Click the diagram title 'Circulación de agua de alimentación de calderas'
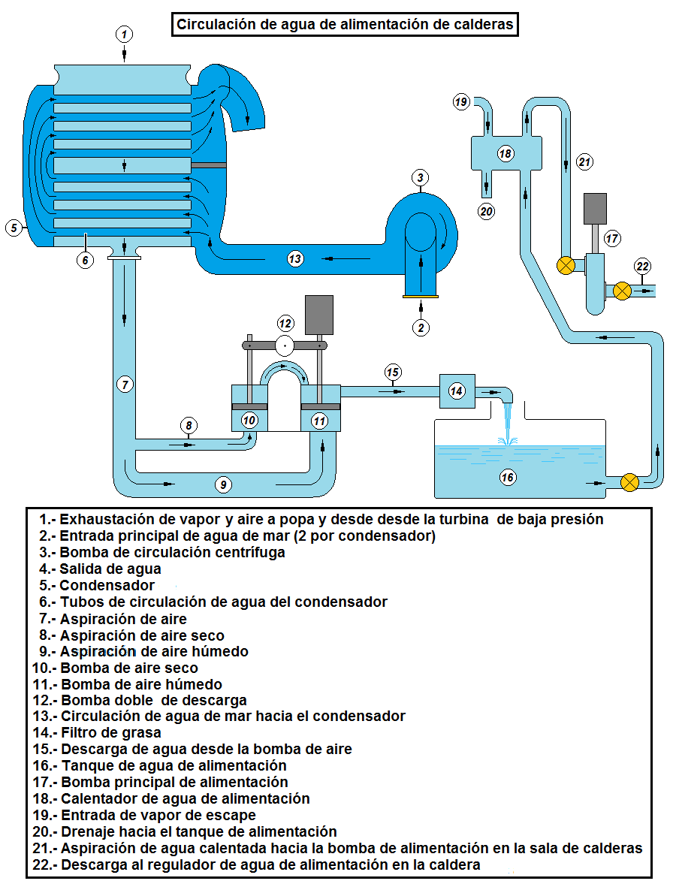(x=345, y=24)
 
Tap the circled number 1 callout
(x=125, y=34)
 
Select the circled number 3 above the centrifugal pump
(x=421, y=178)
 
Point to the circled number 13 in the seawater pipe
(x=295, y=258)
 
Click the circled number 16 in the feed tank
(x=508, y=477)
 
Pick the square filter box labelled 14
(x=457, y=391)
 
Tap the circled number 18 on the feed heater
(x=505, y=154)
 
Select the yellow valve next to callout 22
(x=622, y=290)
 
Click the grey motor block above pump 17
(x=595, y=209)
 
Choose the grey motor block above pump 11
(x=318, y=314)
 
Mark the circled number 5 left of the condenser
(x=14, y=228)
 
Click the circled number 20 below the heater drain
(x=487, y=211)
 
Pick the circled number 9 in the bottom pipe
(x=222, y=484)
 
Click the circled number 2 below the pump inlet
(x=421, y=327)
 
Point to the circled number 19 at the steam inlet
(x=461, y=101)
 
